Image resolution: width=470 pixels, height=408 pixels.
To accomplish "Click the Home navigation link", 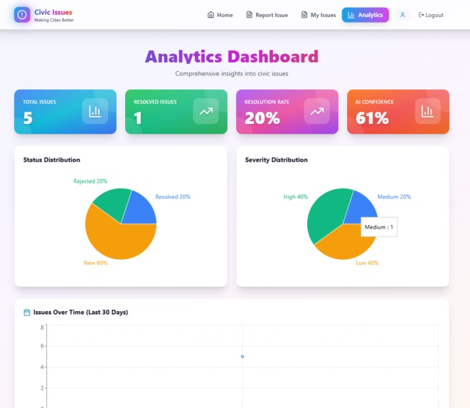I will coord(220,15).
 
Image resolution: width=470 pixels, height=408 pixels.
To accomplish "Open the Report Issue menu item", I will coord(267,15).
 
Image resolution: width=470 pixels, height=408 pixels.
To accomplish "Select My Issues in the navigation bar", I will coord(318,15).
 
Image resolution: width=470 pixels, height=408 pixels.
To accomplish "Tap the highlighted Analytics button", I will coord(365,15).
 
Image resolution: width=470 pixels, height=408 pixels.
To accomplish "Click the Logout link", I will coord(431,15).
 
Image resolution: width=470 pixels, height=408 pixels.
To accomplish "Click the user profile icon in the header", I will coord(402,15).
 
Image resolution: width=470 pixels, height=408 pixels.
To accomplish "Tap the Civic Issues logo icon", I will coord(22,15).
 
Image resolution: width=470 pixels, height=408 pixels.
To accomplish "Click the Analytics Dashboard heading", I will coord(232,57).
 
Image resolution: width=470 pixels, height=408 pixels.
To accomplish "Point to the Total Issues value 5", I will coord(28,119).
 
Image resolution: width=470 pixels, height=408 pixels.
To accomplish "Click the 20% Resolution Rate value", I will coord(262,119).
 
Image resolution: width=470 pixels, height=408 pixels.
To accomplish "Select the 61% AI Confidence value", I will coord(372,119).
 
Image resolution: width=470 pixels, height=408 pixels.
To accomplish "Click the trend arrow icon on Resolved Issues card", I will coord(205,111).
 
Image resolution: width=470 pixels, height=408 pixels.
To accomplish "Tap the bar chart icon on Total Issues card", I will coord(95,111).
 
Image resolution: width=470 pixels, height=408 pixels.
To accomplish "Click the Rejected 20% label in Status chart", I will coord(90,182).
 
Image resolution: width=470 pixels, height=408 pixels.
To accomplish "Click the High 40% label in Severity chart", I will coord(295,197).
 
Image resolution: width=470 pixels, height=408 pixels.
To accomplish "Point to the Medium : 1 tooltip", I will coord(379,227).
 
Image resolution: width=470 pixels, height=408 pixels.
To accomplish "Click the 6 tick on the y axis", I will coord(42,346).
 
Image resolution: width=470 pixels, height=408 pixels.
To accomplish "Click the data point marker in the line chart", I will coord(242,357).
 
